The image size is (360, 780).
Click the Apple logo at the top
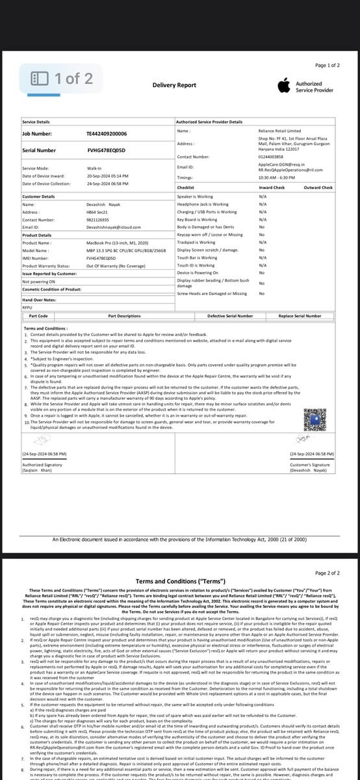[x=283, y=86]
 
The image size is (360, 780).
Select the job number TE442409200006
[x=107, y=133]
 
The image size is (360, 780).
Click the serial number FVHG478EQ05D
[x=106, y=150]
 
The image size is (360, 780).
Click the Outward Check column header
[x=318, y=187]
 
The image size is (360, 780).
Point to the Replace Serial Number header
[x=300, y=316]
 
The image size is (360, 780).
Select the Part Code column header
[x=38, y=316]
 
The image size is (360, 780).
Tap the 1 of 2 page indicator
[x=63, y=79]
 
